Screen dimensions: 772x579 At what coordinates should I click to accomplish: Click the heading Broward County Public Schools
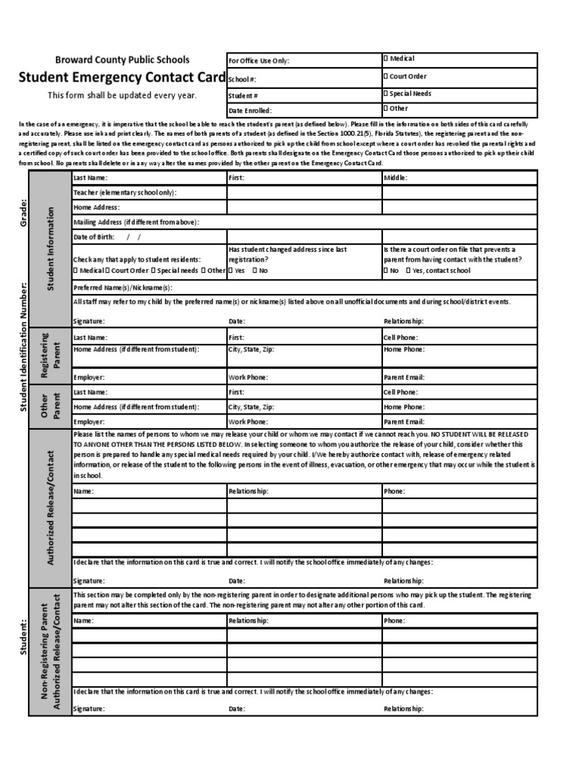pos(122,60)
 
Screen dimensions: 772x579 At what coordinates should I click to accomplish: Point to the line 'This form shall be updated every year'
pos(122,95)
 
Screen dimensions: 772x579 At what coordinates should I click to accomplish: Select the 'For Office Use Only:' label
pos(259,61)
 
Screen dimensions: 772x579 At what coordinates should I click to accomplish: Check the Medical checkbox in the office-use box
pos(385,59)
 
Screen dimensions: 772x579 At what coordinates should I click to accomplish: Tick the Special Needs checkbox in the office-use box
pos(385,94)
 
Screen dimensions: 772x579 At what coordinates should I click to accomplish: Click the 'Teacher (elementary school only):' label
pos(124,192)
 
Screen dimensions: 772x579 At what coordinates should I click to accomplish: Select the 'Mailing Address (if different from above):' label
pos(136,222)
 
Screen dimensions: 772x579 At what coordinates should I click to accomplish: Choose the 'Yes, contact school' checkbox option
pos(409,270)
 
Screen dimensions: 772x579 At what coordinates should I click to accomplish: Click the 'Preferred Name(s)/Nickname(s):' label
pos(122,288)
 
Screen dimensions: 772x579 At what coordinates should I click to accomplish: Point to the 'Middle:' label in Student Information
pos(395,178)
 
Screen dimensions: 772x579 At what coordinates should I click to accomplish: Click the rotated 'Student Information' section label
pos(51,249)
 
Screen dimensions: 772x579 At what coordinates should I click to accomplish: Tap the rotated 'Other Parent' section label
pos(51,408)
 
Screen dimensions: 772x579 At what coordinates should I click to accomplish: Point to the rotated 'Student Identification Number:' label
pos(23,347)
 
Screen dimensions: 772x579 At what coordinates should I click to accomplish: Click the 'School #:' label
pos(242,79)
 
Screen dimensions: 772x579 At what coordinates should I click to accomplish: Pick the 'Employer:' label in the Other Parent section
pos(88,422)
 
